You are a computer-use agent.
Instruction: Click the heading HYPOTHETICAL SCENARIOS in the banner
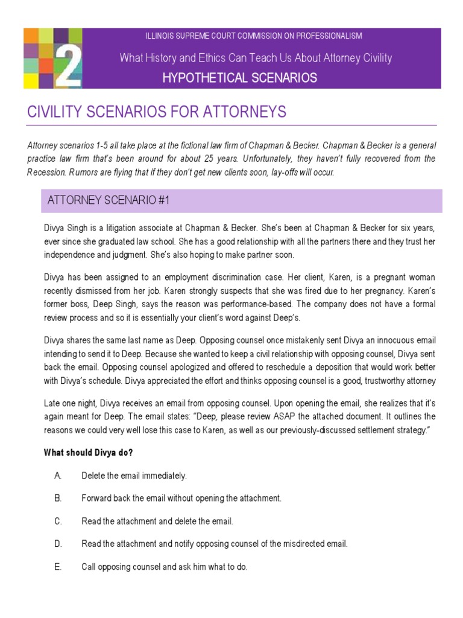(x=239, y=77)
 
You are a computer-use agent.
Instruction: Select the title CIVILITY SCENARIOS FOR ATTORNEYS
(x=157, y=112)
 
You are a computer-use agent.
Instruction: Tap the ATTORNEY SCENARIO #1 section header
(x=109, y=201)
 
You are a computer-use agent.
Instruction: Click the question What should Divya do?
(x=88, y=453)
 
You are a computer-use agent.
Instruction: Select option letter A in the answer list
(x=58, y=476)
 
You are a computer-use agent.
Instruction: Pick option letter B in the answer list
(x=58, y=499)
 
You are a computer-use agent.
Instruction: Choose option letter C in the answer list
(x=58, y=521)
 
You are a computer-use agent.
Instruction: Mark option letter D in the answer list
(x=58, y=544)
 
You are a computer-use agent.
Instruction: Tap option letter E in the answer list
(x=58, y=567)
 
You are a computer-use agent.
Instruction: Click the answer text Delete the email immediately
(x=134, y=476)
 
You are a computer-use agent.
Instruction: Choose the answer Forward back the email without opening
(x=181, y=499)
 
